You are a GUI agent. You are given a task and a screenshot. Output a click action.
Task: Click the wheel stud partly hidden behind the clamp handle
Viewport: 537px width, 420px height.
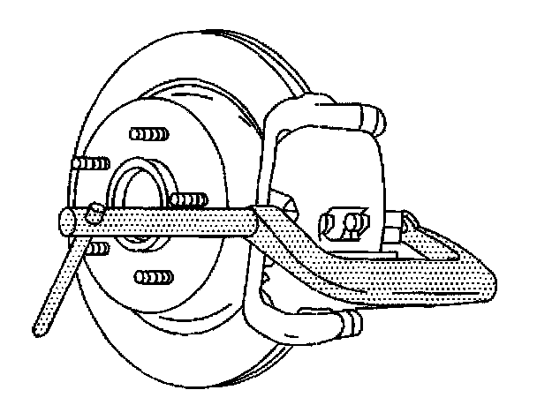tap(95, 249)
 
